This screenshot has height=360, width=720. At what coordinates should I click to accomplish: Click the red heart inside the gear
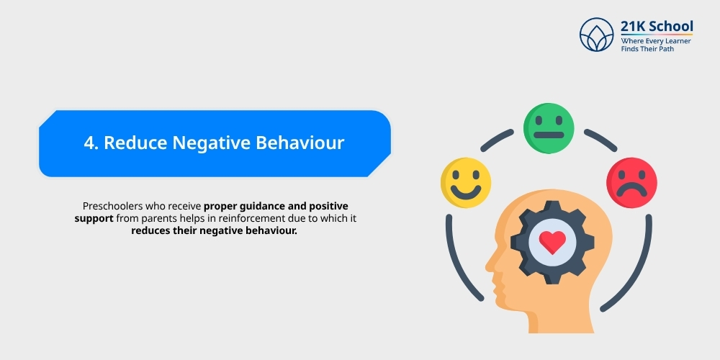click(x=552, y=242)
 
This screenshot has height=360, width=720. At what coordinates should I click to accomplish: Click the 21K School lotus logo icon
click(x=597, y=35)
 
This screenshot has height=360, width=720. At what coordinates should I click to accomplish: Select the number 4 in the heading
click(x=89, y=143)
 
